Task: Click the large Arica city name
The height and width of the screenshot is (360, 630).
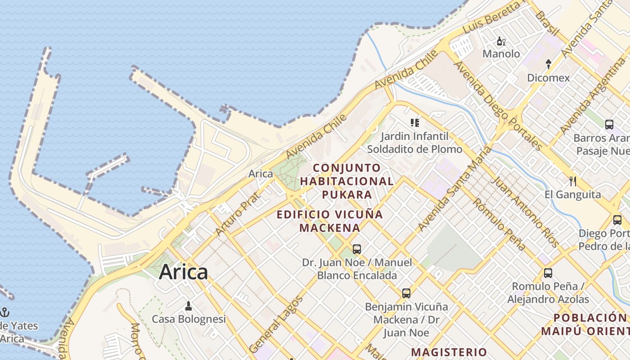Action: tap(184, 272)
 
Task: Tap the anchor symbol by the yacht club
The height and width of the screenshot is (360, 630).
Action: tap(5, 312)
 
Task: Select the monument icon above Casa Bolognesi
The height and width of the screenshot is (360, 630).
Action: tap(189, 306)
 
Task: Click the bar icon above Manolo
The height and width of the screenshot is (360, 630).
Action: tap(501, 42)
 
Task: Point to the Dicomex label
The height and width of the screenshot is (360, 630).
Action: tap(548, 78)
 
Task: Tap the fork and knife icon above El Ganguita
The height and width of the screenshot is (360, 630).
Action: tap(572, 181)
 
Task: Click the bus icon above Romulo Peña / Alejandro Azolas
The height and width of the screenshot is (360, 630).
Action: tap(548, 273)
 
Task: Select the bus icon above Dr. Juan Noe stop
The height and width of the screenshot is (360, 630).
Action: tap(357, 249)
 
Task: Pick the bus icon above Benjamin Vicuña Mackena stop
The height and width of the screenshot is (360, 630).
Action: tap(406, 293)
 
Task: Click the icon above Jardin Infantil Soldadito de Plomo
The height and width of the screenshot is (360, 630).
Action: tap(414, 122)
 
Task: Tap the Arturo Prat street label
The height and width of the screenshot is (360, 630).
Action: tap(238, 214)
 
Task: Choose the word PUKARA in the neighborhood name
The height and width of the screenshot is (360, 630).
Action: tap(346, 194)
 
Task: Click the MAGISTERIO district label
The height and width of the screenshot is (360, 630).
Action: tap(449, 352)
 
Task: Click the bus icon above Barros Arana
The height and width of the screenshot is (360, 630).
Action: tap(609, 125)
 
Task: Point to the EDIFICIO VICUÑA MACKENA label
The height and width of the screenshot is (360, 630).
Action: tap(330, 221)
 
